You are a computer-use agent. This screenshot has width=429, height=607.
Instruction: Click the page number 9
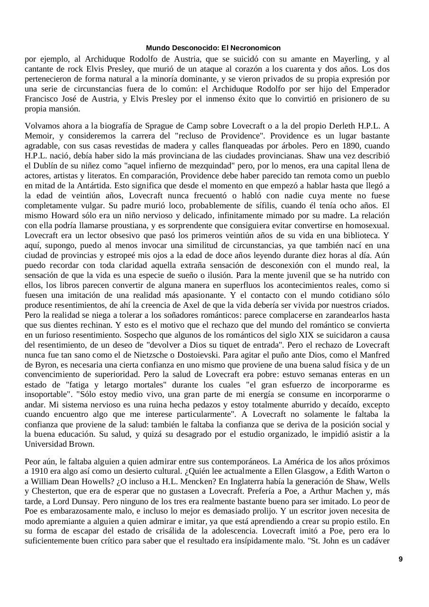pyautogui.click(x=401, y=560)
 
